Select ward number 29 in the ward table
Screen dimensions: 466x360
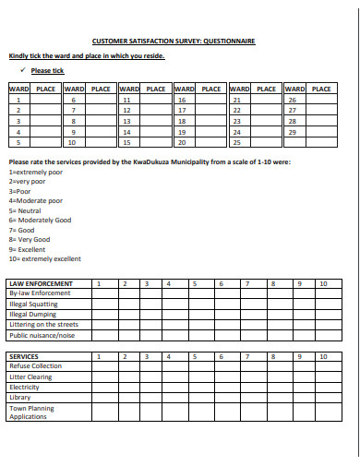click(x=292, y=132)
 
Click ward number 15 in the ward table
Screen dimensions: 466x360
click(x=126, y=143)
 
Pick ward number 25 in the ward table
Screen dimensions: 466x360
click(x=237, y=143)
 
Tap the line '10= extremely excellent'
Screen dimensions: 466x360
click(x=44, y=259)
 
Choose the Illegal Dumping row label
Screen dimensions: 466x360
click(x=33, y=314)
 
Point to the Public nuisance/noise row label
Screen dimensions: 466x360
click(x=42, y=335)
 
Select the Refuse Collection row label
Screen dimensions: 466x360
click(x=35, y=366)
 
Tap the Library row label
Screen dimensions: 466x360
click(x=20, y=397)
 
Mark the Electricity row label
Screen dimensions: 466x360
click(x=25, y=387)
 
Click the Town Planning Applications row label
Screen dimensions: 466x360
click(x=31, y=412)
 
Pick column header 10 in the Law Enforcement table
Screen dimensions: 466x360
click(x=322, y=284)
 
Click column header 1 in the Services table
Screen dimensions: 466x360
click(x=99, y=356)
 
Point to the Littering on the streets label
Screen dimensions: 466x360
click(x=43, y=324)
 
